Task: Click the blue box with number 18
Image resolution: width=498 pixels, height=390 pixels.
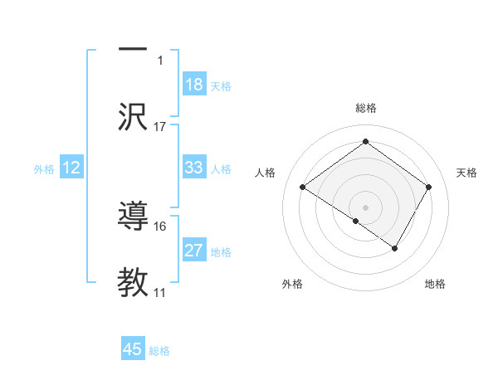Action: click(x=193, y=85)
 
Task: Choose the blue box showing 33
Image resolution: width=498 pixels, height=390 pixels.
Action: click(x=193, y=168)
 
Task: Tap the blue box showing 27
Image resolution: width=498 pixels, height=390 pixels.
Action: click(x=193, y=251)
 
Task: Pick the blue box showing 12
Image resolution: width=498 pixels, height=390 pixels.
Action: click(x=71, y=168)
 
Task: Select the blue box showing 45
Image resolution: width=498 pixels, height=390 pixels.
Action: click(x=133, y=349)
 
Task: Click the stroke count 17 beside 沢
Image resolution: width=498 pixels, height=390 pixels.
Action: click(x=160, y=127)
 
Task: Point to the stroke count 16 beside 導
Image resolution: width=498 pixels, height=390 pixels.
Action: click(x=160, y=226)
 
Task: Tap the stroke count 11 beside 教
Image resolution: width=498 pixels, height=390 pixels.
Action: click(x=160, y=292)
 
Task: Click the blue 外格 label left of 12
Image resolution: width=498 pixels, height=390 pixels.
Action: click(x=44, y=168)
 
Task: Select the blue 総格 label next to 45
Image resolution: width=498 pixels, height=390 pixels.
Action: click(x=159, y=351)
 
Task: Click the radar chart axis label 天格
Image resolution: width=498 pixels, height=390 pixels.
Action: click(x=466, y=173)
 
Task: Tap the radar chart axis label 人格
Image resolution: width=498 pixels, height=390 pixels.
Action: click(x=266, y=173)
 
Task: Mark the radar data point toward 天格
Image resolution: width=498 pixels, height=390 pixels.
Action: click(x=428, y=187)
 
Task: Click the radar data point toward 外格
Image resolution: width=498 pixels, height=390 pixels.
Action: click(x=356, y=221)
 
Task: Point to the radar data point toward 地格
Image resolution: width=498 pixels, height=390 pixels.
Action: click(x=395, y=248)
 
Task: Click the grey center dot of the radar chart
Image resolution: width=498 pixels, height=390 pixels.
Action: click(x=365, y=207)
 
